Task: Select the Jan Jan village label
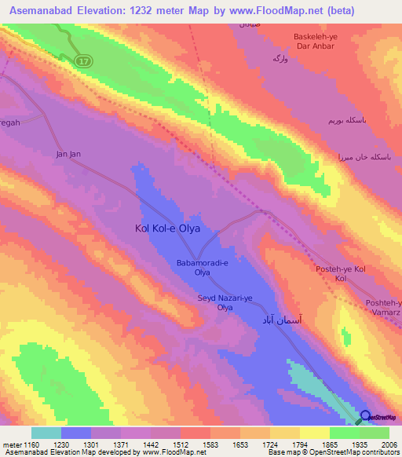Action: tap(68, 154)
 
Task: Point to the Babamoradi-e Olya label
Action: tap(203, 269)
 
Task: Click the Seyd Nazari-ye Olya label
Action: tap(225, 302)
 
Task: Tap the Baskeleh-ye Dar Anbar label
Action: tap(314, 42)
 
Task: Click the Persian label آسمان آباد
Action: tap(280, 323)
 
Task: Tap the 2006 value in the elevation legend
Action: tap(389, 444)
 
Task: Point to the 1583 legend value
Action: tap(210, 444)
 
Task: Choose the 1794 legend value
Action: tap(299, 444)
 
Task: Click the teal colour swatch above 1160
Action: tap(46, 433)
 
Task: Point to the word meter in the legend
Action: tap(12, 444)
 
